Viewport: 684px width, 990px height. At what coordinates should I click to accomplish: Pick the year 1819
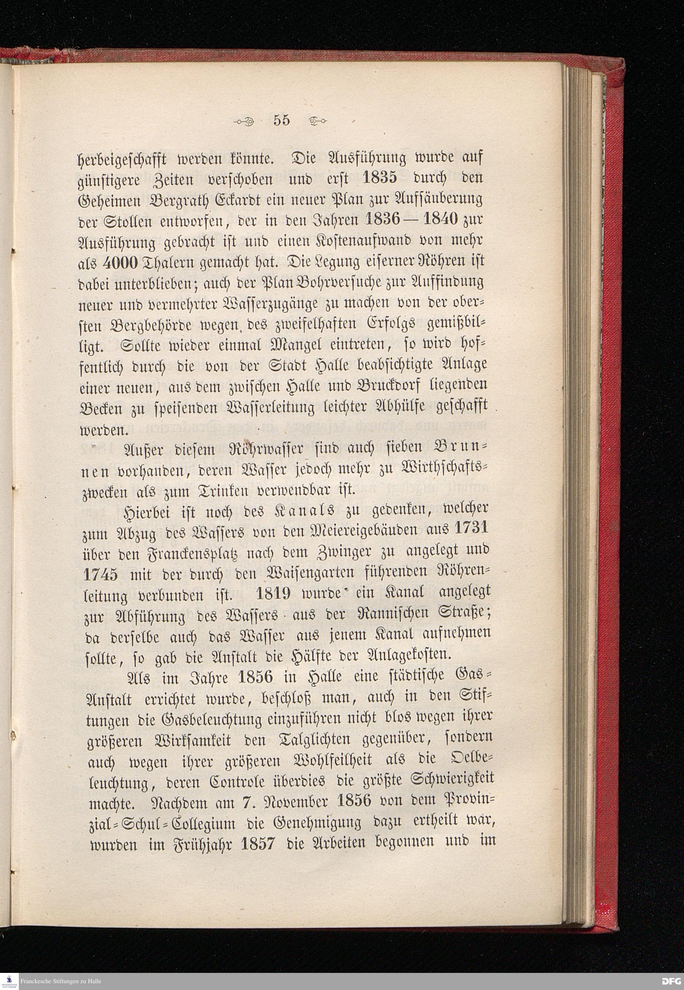273,594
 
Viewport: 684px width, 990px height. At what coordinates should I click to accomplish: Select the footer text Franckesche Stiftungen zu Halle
61,981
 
